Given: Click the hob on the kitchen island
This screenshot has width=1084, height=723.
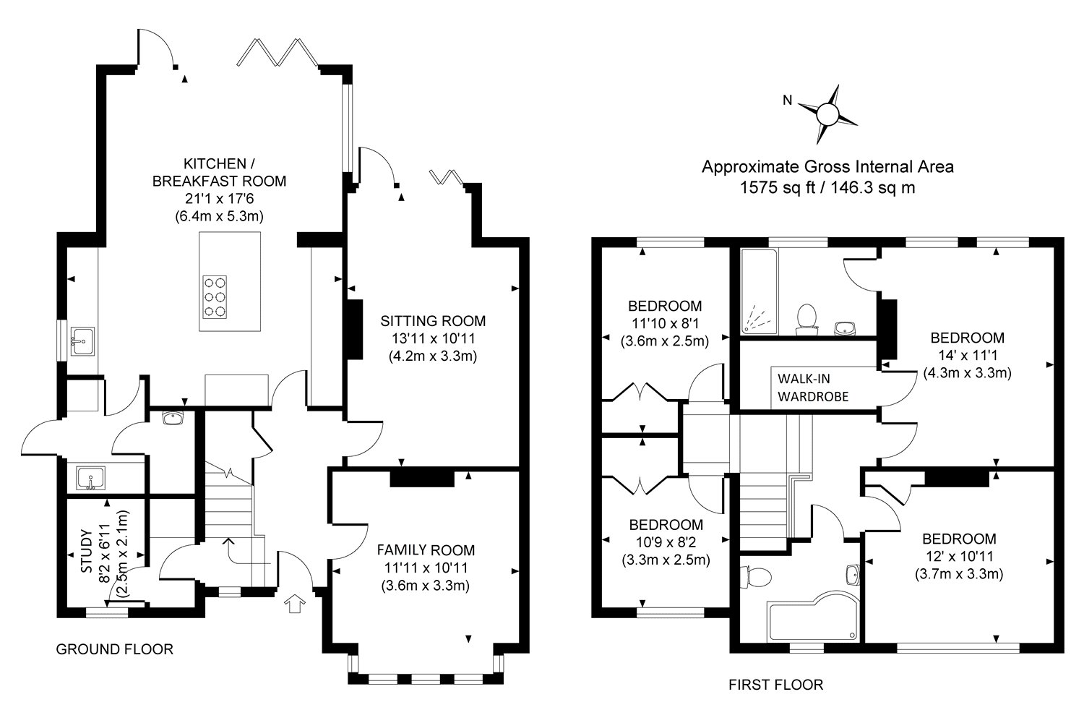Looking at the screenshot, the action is (215, 297).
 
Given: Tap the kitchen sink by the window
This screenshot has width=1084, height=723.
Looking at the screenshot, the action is (83, 341).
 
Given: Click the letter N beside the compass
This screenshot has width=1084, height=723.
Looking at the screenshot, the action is (788, 100).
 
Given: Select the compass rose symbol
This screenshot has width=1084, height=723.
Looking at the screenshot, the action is (827, 115).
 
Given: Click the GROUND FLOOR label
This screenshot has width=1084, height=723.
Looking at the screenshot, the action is (115, 649).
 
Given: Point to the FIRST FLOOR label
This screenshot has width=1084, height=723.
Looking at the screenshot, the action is (775, 685).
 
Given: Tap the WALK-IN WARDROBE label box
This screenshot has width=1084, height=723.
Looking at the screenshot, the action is (813, 388).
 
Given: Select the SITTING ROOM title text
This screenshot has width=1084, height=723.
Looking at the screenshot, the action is (433, 321).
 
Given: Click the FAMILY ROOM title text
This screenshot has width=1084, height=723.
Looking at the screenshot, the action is (426, 550).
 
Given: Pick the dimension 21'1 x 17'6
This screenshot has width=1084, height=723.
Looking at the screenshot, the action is (219, 199).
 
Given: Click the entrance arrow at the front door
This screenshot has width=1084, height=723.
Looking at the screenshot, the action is (295, 604).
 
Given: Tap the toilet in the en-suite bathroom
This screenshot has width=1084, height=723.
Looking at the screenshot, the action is (806, 320).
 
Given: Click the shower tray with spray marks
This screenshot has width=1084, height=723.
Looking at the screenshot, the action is (759, 291).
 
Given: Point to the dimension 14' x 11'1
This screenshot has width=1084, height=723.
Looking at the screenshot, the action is (968, 356).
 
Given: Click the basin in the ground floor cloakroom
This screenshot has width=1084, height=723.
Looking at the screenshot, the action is (172, 418).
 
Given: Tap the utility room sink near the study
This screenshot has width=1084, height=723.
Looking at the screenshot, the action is (90, 479).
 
